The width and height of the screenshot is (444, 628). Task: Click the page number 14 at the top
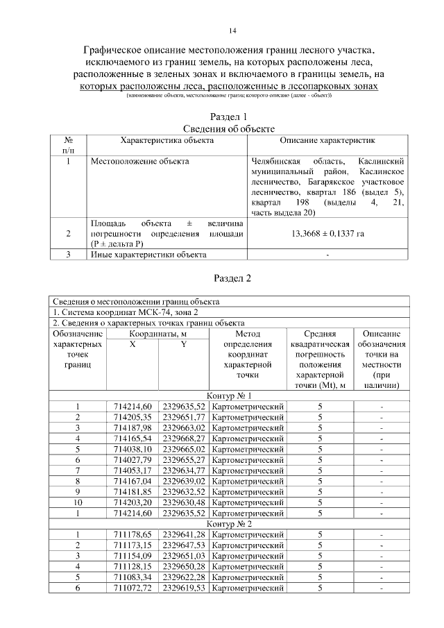pyautogui.click(x=232, y=31)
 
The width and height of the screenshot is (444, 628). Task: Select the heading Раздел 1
pyautogui.click(x=228, y=117)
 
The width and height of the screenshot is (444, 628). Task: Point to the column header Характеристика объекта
pyautogui.click(x=166, y=140)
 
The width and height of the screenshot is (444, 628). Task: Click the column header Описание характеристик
pyautogui.click(x=327, y=140)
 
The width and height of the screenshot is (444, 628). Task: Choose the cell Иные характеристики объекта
pyautogui.click(x=149, y=255)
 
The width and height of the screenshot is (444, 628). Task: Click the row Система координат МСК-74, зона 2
pyautogui.click(x=117, y=312)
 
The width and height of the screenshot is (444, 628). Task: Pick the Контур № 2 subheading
pyautogui.click(x=228, y=524)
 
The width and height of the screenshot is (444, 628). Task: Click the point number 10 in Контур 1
pyautogui.click(x=78, y=502)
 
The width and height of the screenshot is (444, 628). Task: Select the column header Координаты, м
pyautogui.click(x=157, y=334)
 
